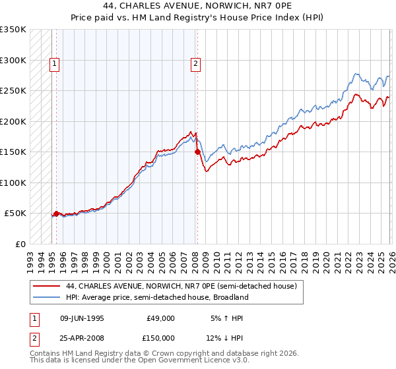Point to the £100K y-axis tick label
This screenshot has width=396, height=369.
(x=13, y=183)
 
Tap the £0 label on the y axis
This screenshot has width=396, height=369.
(x=20, y=244)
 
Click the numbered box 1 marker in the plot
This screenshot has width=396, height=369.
(x=54, y=64)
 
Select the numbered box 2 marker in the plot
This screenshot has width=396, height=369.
(x=196, y=64)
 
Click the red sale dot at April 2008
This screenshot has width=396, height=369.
(x=197, y=152)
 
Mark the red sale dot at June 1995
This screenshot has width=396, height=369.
(x=56, y=213)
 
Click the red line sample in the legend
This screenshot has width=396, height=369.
(x=47, y=287)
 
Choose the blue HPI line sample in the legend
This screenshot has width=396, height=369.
(x=47, y=297)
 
